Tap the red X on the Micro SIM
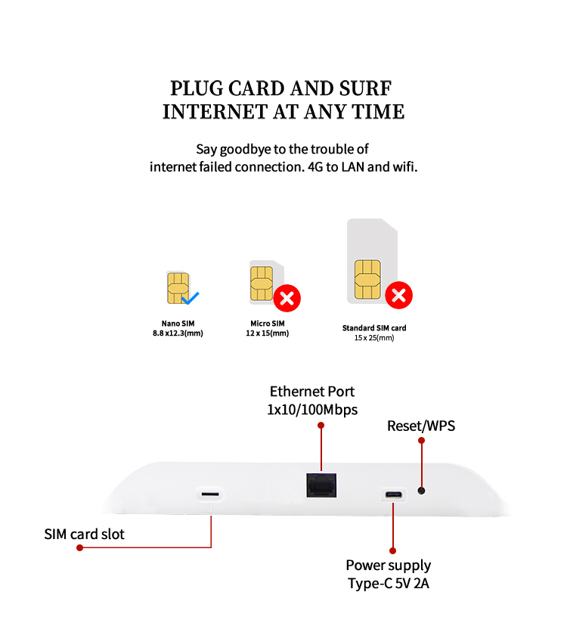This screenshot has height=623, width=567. click(x=287, y=298)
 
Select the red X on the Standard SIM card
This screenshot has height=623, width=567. click(x=398, y=295)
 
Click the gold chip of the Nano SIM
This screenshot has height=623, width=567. click(x=177, y=288)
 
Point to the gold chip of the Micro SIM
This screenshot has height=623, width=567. click(x=261, y=283)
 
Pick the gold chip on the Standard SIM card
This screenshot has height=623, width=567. click(x=367, y=279)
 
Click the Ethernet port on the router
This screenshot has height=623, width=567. click(x=321, y=484)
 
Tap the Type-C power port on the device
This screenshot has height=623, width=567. click(x=393, y=495)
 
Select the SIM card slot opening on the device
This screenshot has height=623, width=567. click(x=211, y=494)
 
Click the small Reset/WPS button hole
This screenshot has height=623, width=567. click(x=421, y=491)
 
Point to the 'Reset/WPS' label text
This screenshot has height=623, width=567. click(x=421, y=426)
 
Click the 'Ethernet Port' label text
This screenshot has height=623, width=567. click(x=312, y=392)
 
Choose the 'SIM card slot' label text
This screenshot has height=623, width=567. click(x=84, y=535)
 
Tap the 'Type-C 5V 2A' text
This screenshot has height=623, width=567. click(x=389, y=583)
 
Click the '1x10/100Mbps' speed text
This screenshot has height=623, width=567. click(x=312, y=410)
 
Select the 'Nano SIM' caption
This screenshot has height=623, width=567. click(x=178, y=324)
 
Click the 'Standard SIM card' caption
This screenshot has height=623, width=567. click(x=374, y=328)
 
